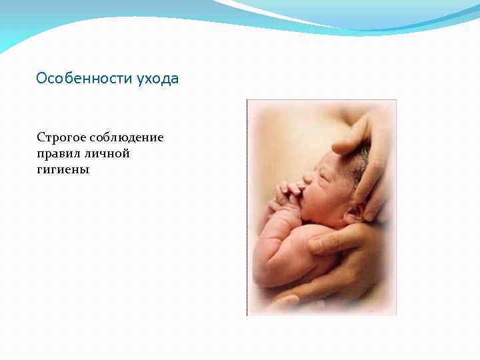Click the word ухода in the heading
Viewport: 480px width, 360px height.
157,79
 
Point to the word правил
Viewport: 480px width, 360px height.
57,154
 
